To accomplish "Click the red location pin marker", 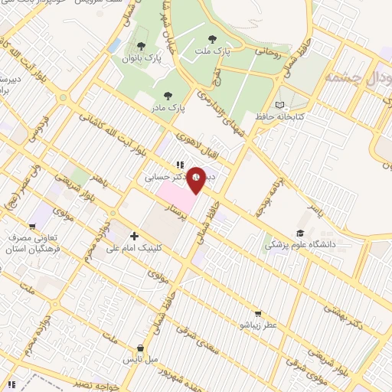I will [x=196, y=181].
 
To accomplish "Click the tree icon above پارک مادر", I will [x=168, y=96].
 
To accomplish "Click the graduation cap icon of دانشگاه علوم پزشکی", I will [x=300, y=233].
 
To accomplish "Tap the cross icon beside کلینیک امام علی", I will [x=135, y=237].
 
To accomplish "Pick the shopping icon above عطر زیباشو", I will [x=258, y=313].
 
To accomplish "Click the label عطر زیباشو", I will [x=258, y=325].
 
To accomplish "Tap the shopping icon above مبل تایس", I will [x=139, y=347].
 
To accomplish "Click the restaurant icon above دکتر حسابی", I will [x=179, y=163].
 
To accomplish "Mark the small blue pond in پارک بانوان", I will [x=115, y=47].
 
